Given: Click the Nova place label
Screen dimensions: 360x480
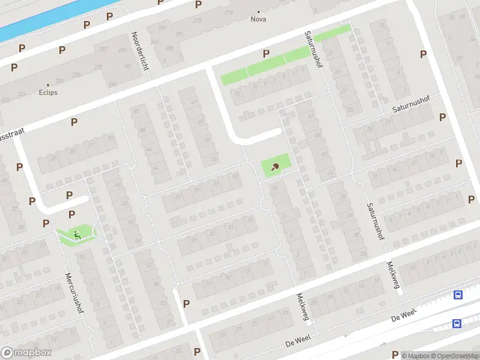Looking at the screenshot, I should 259,19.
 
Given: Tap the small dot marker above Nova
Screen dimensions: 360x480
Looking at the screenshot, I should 259,11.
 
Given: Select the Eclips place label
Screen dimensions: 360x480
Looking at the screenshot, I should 49,93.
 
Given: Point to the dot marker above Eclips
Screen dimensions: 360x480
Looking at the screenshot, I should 49,85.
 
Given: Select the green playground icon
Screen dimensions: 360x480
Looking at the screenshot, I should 76,234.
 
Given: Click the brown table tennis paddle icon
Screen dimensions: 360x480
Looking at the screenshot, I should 275,167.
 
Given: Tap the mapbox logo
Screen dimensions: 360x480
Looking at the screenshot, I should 26,352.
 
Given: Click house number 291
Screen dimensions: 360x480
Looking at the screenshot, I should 179,34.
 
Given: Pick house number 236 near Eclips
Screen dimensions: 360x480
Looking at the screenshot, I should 76,75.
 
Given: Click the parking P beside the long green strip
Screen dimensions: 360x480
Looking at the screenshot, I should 265,53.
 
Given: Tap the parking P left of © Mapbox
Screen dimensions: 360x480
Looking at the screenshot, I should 394,355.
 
